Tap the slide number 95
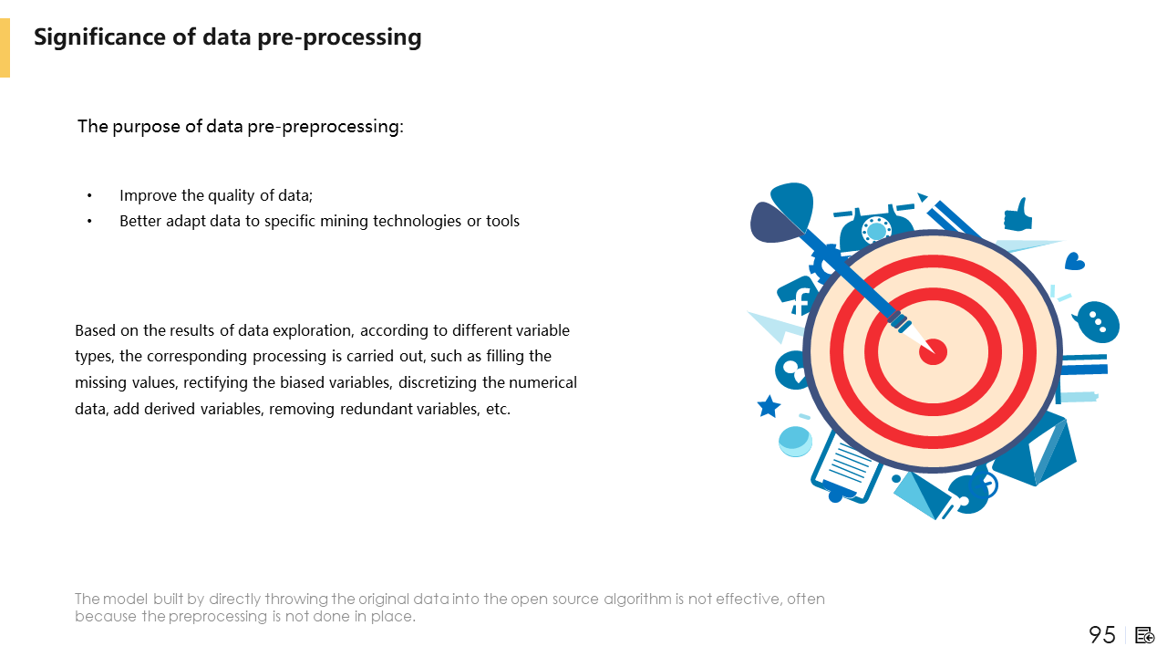(x=1102, y=634)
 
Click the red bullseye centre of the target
(x=933, y=352)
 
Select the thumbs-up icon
(x=1017, y=214)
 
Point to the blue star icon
(x=769, y=407)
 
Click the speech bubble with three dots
(x=1097, y=322)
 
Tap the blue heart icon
(x=1074, y=261)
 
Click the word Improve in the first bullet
(x=149, y=195)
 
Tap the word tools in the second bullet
(x=502, y=221)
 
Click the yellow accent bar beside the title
(x=5, y=48)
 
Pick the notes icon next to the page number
(x=1144, y=636)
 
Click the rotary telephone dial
(x=876, y=229)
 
